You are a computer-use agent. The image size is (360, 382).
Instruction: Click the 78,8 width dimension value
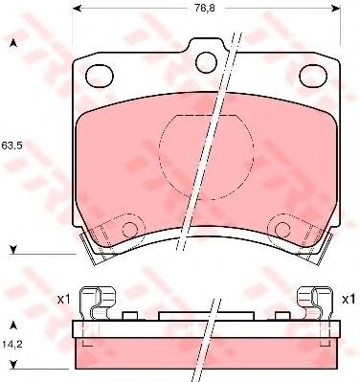[205, 9]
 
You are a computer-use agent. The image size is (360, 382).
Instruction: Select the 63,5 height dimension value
[11, 146]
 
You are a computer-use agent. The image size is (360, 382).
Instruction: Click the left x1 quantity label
[63, 300]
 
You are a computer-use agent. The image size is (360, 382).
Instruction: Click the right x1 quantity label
[349, 300]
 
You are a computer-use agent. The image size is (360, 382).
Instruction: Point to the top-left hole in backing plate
[100, 76]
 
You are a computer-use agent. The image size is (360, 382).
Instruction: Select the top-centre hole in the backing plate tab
[207, 62]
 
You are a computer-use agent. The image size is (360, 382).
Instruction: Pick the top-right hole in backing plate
[313, 76]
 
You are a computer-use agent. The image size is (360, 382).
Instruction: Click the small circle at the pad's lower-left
[130, 229]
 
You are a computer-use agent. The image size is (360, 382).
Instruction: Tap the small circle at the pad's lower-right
[282, 229]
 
